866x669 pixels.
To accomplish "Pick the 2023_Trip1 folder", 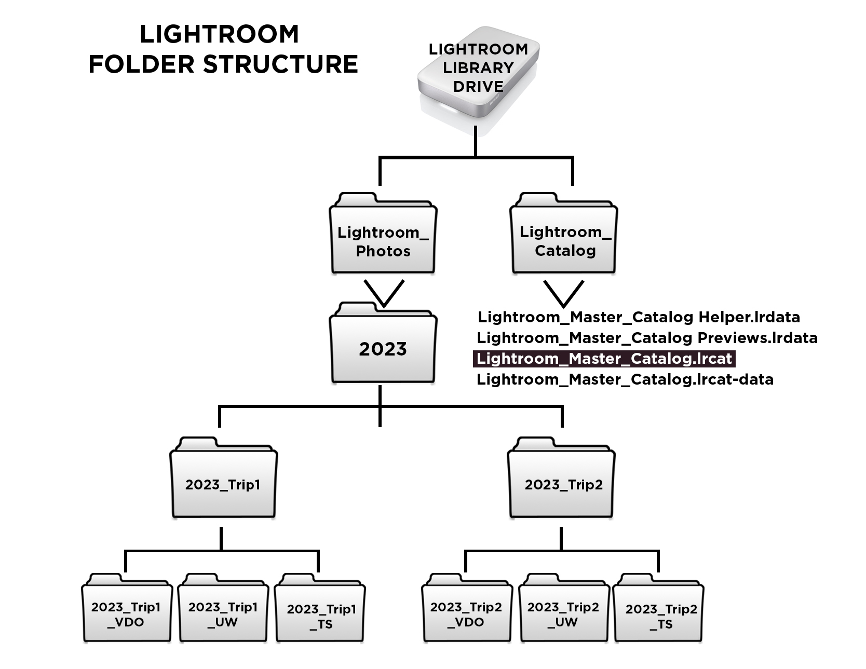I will pyautogui.click(x=223, y=483).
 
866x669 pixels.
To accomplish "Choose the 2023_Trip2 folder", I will pyautogui.click(x=562, y=483).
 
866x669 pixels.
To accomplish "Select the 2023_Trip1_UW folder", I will pyautogui.click(x=223, y=612).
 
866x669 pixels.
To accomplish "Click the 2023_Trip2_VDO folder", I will pyautogui.click(x=466, y=612).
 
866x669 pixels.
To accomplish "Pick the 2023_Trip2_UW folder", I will pyautogui.click(x=563, y=612).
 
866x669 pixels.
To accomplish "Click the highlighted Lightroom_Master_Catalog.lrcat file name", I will pyautogui.click(x=604, y=359).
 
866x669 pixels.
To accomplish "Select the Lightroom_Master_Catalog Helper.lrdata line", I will pyautogui.click(x=639, y=317).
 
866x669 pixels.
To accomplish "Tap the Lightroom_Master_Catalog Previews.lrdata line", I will pyautogui.click(x=647, y=338).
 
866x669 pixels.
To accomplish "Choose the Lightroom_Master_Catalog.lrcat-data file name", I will pyautogui.click(x=625, y=379).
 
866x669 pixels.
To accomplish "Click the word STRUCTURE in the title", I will pyautogui.click(x=280, y=64).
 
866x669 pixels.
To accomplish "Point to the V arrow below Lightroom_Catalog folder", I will pyautogui.click(x=563, y=293).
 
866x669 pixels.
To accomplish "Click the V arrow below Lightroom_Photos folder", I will pyautogui.click(x=384, y=293).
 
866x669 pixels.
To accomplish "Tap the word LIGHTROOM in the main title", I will pyautogui.click(x=219, y=34).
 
